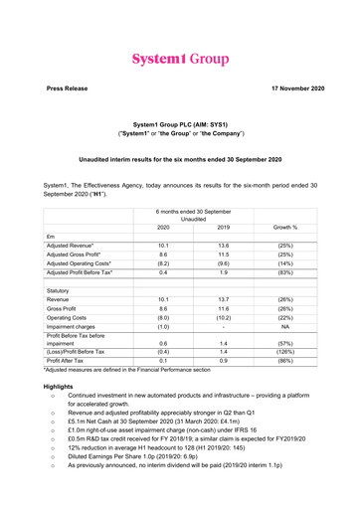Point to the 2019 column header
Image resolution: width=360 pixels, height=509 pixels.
[195, 227]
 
